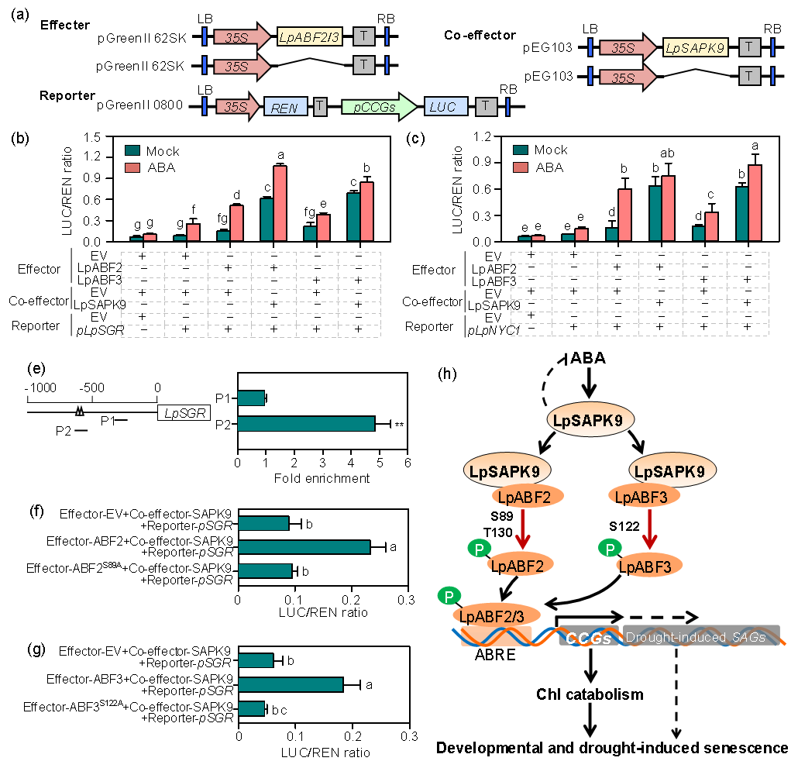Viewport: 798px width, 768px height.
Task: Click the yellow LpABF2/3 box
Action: click(310, 36)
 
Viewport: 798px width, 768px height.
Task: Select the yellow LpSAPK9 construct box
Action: click(696, 48)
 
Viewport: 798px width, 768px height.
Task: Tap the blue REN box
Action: click(285, 107)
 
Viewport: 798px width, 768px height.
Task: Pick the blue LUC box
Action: click(445, 107)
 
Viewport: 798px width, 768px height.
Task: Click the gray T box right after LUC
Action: click(487, 107)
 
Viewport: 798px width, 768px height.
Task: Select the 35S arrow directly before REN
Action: click(236, 107)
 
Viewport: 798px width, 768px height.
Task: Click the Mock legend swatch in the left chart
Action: click(132, 151)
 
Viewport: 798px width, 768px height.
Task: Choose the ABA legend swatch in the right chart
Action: click(521, 167)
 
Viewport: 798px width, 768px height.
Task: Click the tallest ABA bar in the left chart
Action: click(280, 203)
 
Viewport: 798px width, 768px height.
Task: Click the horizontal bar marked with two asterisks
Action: click(306, 424)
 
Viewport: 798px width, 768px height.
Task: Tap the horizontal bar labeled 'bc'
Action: click(251, 708)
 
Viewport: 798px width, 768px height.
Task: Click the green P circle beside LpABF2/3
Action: click(449, 596)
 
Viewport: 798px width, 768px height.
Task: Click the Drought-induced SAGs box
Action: click(701, 636)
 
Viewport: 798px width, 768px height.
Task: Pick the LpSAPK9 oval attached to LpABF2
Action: click(507, 470)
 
